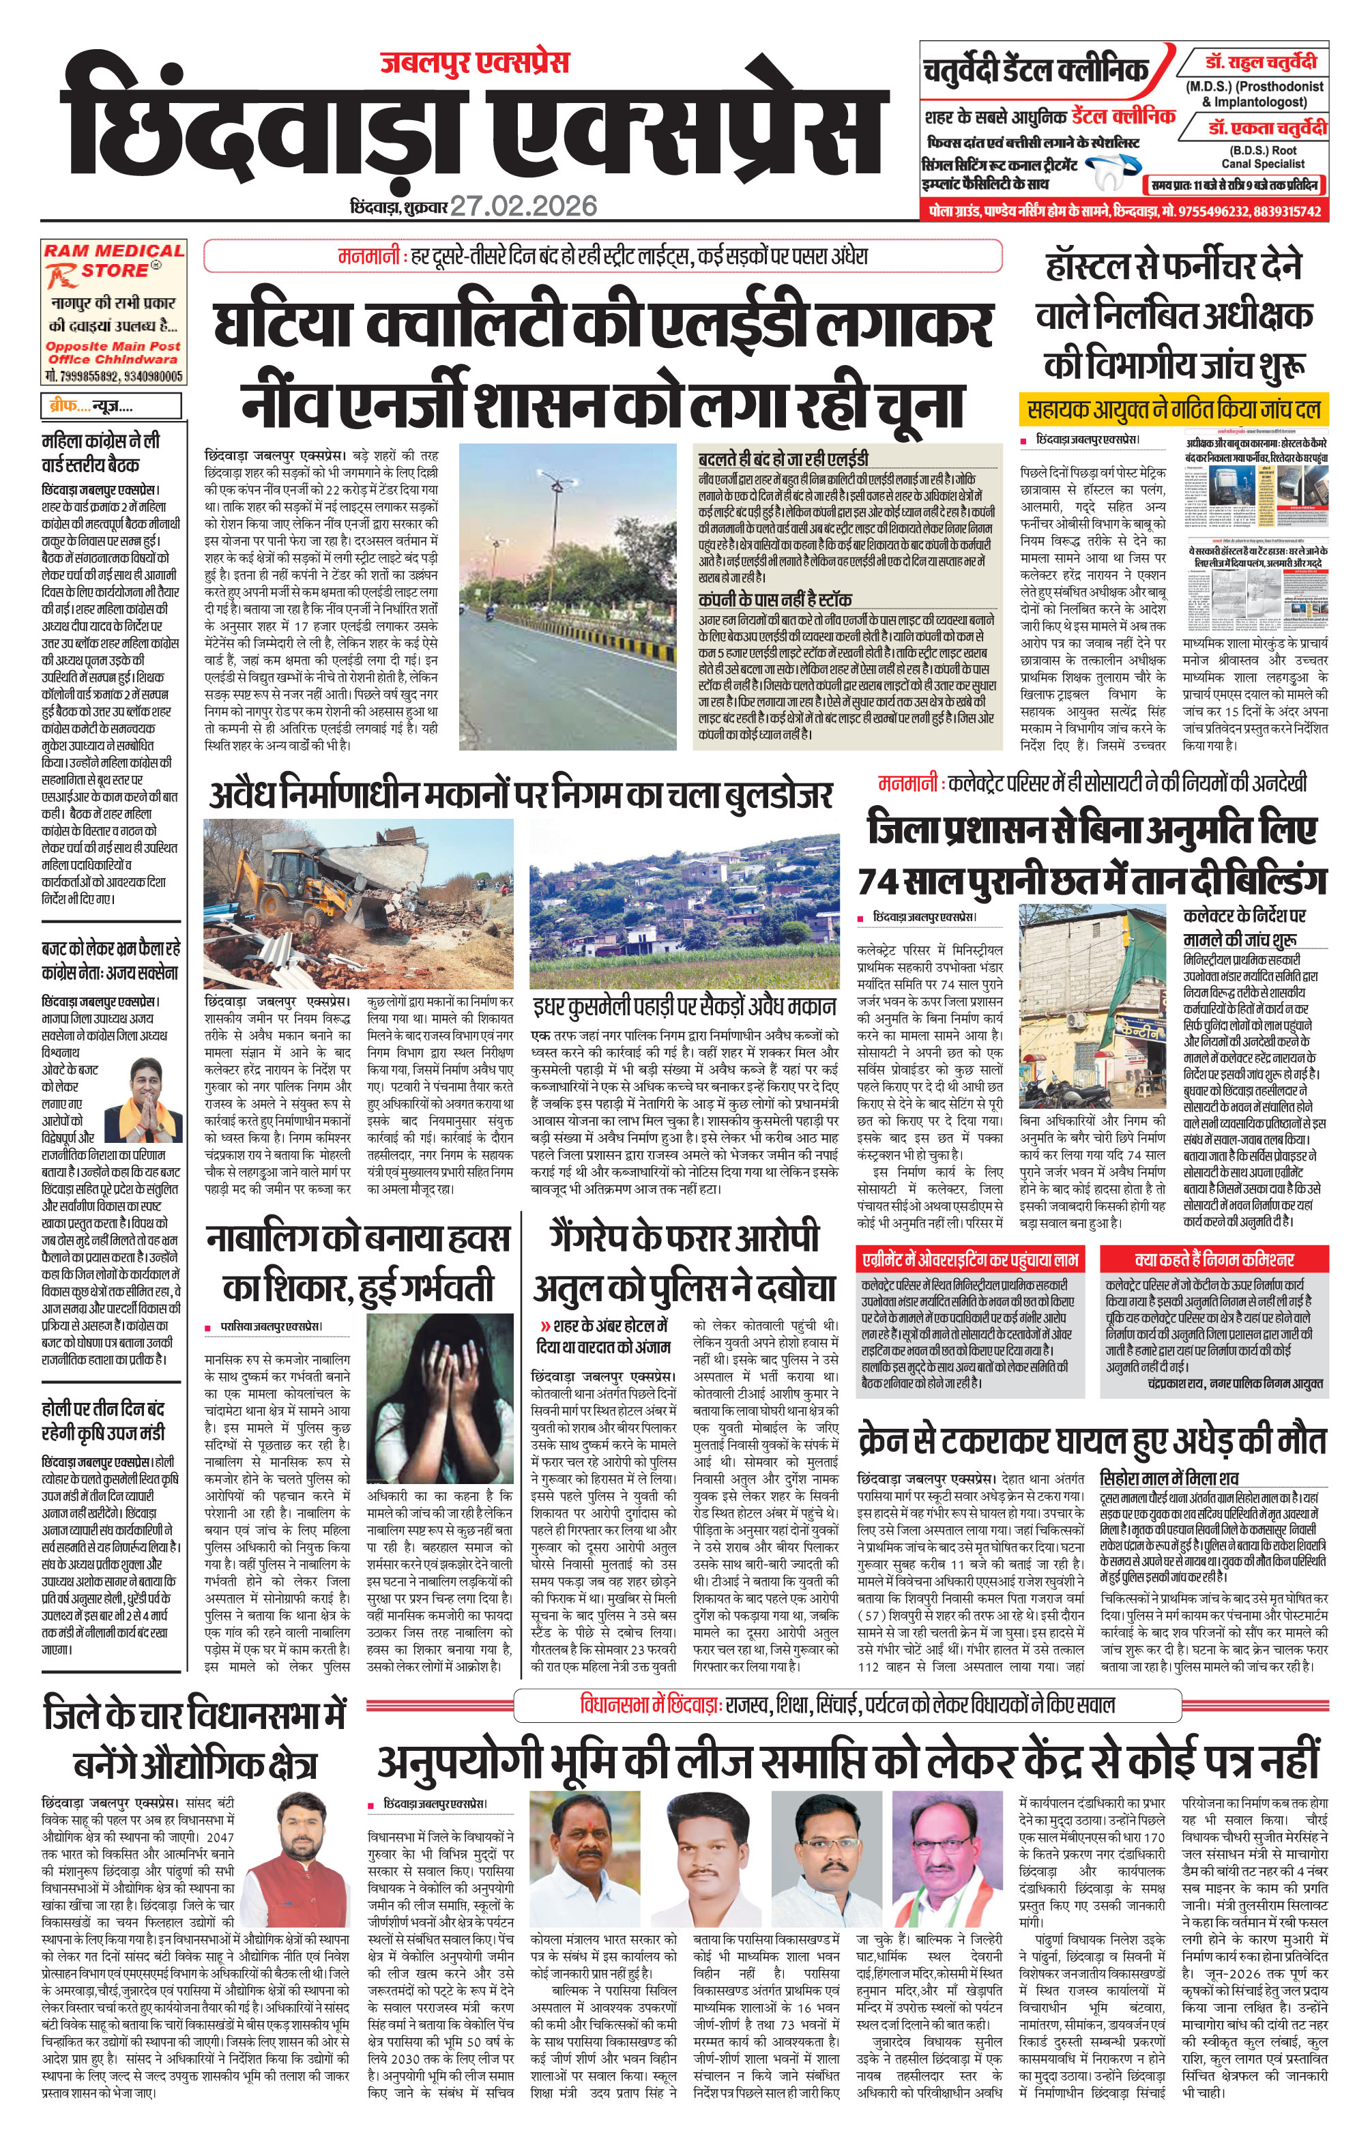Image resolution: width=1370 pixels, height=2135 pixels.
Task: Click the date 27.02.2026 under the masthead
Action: pos(523,206)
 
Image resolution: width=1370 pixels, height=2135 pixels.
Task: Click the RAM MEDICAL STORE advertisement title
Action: pos(114,260)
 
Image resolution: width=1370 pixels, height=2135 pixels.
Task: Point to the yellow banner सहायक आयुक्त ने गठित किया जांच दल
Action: pos(1174,410)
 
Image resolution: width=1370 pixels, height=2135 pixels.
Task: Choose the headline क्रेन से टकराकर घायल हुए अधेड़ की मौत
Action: pos(1092,1439)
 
